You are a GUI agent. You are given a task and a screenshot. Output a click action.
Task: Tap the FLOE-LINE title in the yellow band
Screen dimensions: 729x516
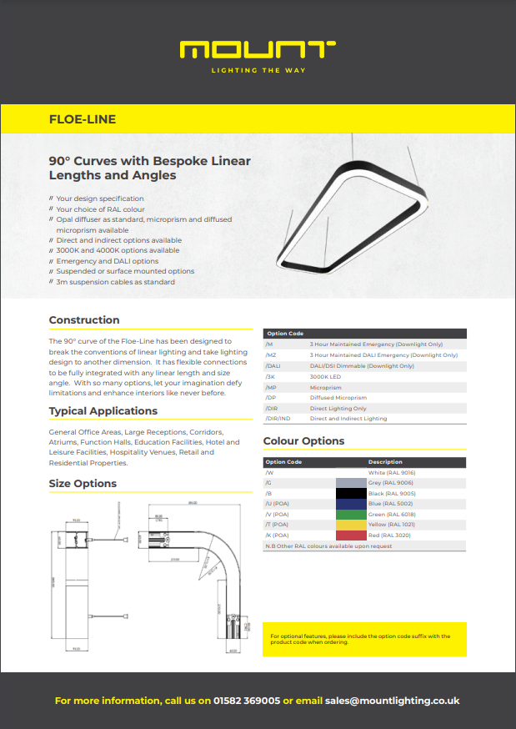(x=83, y=119)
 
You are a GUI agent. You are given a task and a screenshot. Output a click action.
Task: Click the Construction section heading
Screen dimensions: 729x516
(x=84, y=320)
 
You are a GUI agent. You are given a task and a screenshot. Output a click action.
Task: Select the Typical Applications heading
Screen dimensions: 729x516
(x=103, y=411)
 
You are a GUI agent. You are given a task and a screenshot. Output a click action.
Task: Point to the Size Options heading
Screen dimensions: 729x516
(x=83, y=484)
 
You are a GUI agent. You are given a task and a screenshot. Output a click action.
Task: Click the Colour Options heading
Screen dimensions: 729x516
(x=303, y=441)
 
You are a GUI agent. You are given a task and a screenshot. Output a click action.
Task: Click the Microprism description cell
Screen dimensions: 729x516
(x=326, y=388)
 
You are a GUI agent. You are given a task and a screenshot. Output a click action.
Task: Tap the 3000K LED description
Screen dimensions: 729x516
(x=326, y=377)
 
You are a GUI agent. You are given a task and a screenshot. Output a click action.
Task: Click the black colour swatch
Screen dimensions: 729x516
(x=351, y=494)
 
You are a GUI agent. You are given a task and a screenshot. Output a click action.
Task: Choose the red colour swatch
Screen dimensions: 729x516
(x=351, y=535)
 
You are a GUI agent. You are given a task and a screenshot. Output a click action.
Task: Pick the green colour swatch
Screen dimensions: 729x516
(x=351, y=515)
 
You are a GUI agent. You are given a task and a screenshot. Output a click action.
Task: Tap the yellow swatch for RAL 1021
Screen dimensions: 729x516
(x=351, y=525)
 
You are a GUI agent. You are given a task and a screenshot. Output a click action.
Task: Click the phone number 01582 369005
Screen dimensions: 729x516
(x=247, y=701)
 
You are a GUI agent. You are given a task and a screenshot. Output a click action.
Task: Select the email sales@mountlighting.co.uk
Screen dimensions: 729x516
(x=392, y=701)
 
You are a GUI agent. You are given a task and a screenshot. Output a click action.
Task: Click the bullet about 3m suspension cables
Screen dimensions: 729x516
(x=116, y=282)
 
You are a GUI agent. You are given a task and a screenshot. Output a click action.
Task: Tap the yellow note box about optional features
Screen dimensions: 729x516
(x=364, y=639)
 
